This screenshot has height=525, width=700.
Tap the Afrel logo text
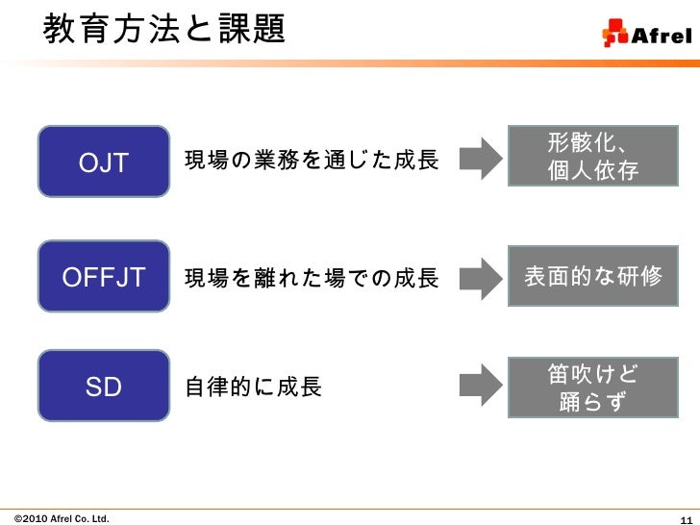tap(660, 37)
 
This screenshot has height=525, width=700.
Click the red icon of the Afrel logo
tap(614, 35)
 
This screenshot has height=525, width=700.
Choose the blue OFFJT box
tap(104, 278)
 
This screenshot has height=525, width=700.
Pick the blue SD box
tap(104, 387)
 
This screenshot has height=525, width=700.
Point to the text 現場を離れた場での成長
tap(311, 279)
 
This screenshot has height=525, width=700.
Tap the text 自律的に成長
tap(253, 388)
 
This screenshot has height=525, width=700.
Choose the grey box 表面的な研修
tap(592, 277)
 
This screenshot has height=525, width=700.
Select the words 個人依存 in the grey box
tap(592, 171)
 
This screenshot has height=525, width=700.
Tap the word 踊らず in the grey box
tap(592, 401)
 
